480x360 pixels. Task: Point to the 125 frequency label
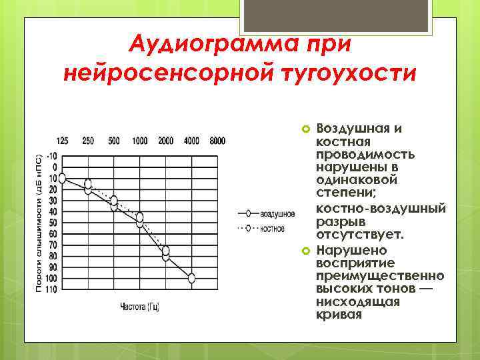click(x=62, y=141)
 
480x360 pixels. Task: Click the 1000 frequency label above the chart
click(x=140, y=141)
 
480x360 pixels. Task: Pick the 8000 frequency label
click(x=217, y=141)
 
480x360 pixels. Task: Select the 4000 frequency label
click(x=191, y=141)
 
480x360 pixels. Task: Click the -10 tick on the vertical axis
click(x=53, y=156)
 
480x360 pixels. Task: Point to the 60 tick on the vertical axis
click(x=53, y=234)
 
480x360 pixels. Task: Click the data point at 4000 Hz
click(x=191, y=278)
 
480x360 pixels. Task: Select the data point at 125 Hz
click(x=63, y=179)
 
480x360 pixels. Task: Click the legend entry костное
click(x=273, y=229)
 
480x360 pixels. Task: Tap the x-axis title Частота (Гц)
click(x=139, y=307)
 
